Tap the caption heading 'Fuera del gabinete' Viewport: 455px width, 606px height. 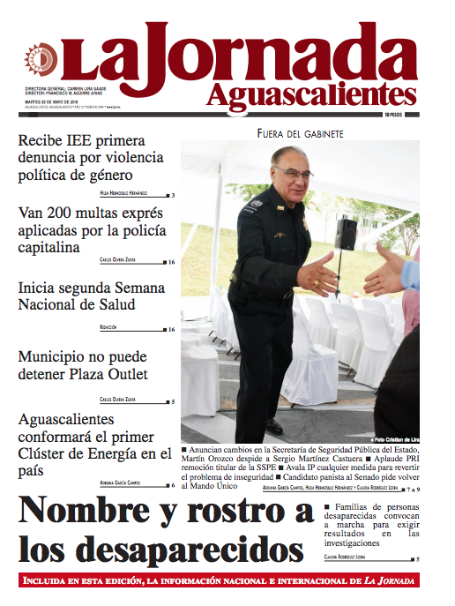point(300,133)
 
